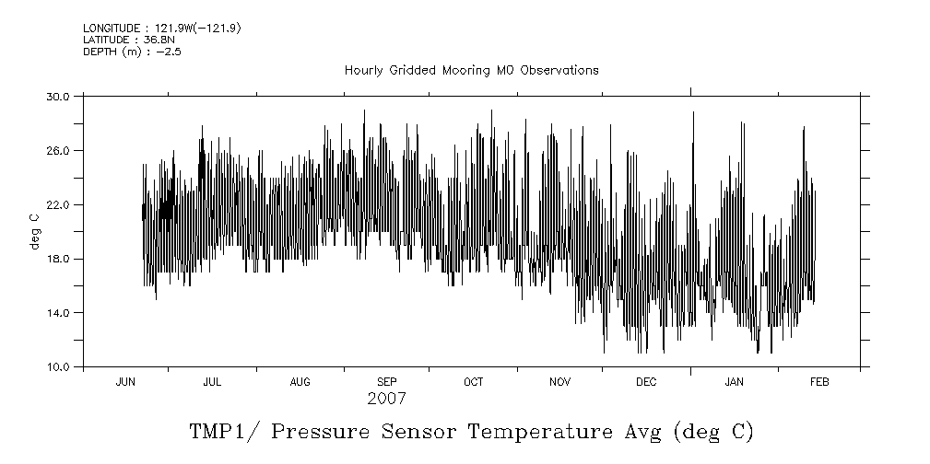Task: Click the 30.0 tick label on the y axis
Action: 58,96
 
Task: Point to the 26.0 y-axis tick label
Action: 58,150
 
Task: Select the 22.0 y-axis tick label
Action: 58,204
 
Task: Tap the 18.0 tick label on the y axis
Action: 58,259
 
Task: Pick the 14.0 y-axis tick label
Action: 58,313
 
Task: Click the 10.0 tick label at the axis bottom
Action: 58,367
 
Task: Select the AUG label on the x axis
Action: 300,382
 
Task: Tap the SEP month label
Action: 386,382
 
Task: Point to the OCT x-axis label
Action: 473,382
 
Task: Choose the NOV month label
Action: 560,382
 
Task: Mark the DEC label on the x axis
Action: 646,382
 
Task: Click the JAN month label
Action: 734,382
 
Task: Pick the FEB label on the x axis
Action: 819,382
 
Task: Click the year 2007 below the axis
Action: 386,400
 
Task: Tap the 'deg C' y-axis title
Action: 34,231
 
